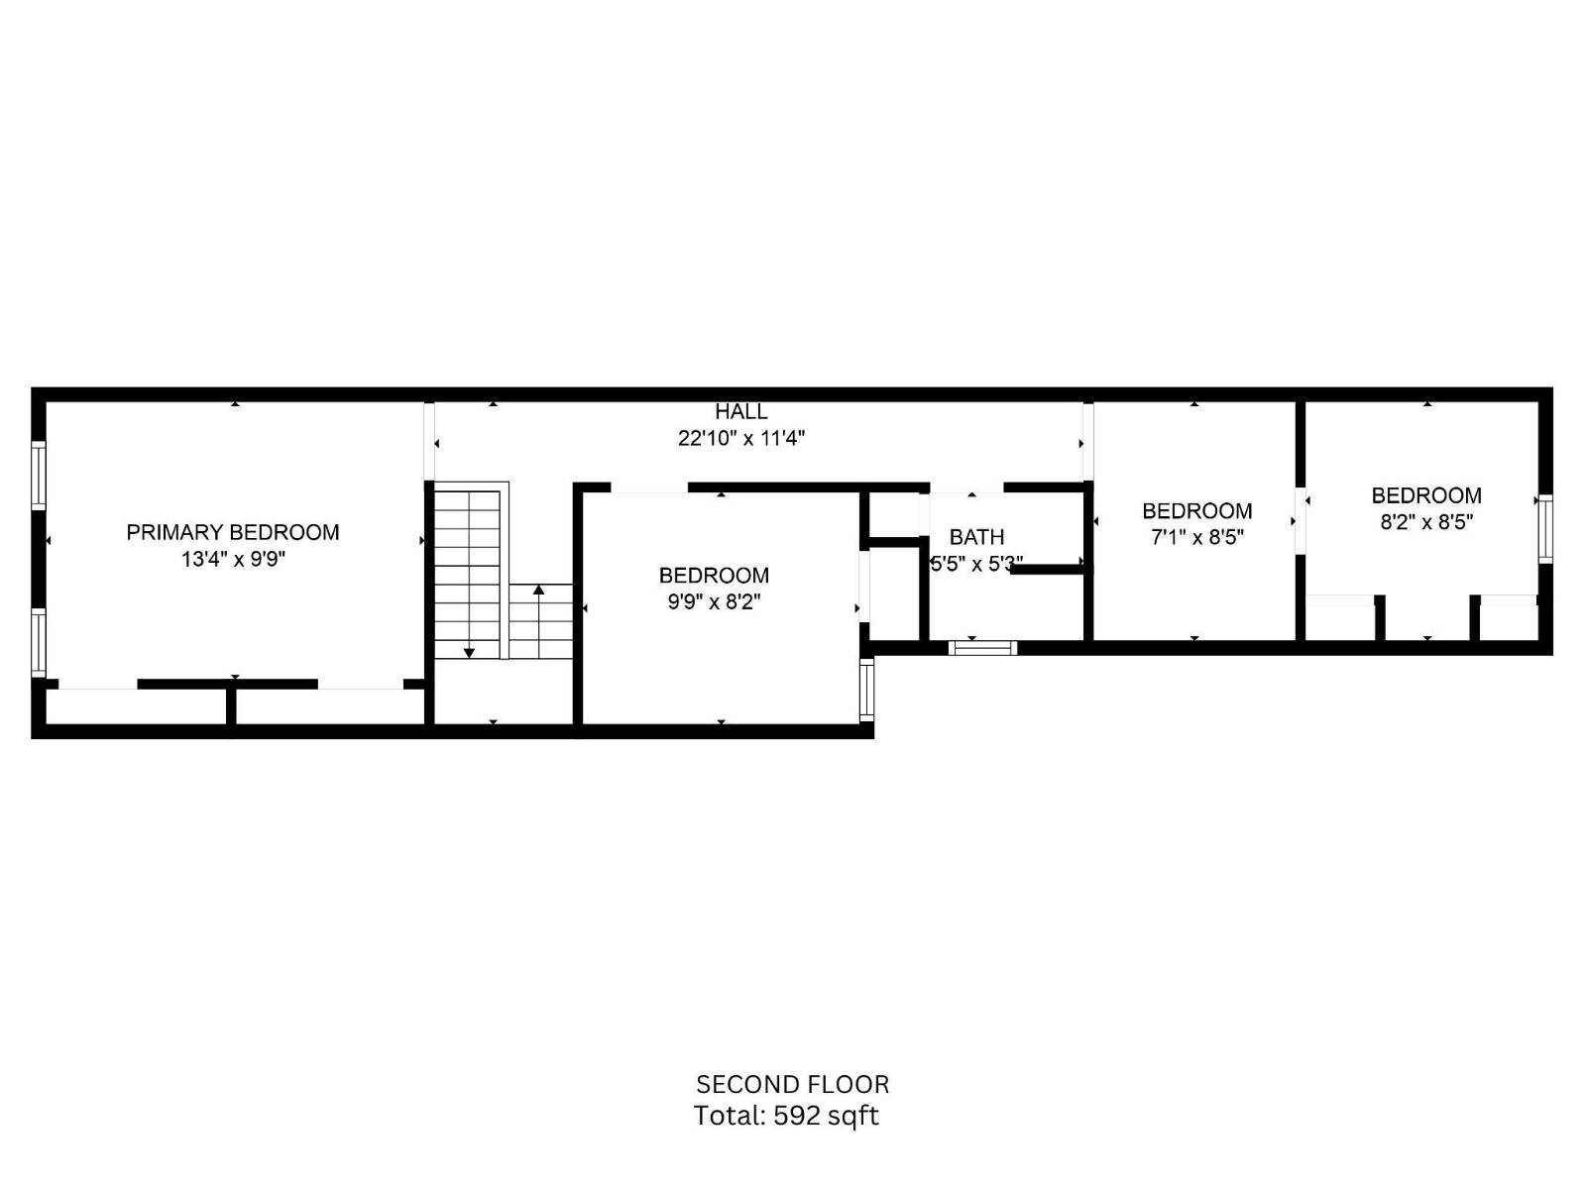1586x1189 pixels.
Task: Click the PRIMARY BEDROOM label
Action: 233,532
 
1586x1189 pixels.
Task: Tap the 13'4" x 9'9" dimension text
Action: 233,559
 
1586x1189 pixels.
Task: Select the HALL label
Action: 741,411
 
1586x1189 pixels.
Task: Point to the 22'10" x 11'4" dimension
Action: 741,438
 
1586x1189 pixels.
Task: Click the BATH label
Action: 976,537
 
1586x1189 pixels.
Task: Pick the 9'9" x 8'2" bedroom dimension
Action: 714,601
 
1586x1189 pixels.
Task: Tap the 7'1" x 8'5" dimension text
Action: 1196,537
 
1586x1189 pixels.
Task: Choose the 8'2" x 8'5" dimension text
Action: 1426,522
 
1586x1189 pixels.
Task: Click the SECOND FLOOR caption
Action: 792,1084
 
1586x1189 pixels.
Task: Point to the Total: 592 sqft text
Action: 786,1116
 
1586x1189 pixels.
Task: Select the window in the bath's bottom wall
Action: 982,648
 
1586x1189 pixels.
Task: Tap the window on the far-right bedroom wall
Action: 1544,529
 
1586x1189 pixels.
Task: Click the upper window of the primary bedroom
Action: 39,475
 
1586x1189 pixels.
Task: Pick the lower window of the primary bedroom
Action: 39,642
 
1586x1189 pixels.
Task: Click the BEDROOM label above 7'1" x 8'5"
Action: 1196,511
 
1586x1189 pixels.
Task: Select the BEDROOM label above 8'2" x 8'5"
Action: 1426,495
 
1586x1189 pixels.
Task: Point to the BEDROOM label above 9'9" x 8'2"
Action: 714,576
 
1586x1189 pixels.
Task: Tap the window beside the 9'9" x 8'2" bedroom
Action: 866,690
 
